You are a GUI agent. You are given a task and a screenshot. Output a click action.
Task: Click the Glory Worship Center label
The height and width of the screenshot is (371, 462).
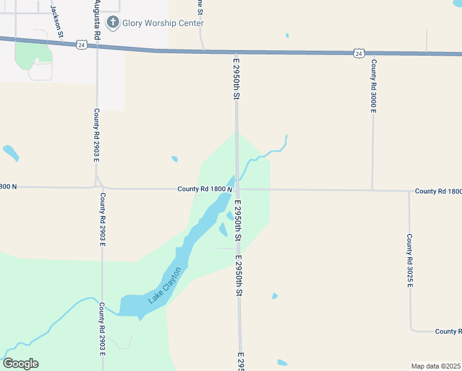coord(163,23)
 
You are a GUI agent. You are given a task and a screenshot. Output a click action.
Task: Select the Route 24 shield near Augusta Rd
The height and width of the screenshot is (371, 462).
coord(82,45)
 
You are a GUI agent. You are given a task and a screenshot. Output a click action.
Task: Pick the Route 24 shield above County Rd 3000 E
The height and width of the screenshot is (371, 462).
coord(359,54)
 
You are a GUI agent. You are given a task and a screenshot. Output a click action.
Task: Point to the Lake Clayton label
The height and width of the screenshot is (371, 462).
coord(165,285)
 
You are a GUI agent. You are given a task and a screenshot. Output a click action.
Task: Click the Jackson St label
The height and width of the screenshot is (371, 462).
coord(57,20)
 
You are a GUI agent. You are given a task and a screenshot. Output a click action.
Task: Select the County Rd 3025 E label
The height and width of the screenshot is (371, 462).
coord(409,260)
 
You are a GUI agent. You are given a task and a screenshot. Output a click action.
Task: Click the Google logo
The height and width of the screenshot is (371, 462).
coord(20,364)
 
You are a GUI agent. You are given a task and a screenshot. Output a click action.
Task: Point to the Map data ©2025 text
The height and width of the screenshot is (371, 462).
coord(435,366)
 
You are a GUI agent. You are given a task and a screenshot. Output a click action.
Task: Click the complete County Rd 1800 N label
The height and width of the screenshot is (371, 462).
coord(204,189)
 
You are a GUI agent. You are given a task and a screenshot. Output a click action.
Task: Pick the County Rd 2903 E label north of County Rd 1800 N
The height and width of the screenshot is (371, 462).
coord(97,135)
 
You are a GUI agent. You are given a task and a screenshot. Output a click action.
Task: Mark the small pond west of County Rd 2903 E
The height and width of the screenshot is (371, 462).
coord(10,152)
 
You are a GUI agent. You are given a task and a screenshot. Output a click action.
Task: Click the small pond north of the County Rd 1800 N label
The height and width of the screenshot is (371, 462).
coord(175,160)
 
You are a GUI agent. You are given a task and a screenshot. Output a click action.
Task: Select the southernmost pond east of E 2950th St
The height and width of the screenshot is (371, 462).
coord(282,363)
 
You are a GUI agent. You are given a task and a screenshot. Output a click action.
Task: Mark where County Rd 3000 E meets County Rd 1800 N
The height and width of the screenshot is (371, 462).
coord(372,190)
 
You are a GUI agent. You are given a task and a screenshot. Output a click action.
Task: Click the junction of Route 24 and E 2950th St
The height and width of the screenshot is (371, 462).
coord(235,53)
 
